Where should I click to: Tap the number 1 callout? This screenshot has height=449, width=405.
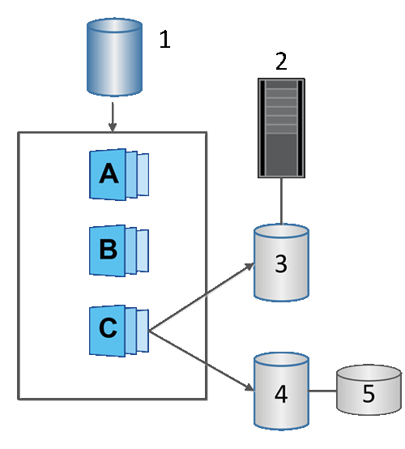164,40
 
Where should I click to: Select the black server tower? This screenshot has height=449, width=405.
281,127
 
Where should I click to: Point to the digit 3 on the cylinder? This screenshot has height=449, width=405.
280,266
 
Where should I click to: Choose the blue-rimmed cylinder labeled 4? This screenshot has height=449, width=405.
280,390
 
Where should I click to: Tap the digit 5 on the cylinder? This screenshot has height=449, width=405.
369,395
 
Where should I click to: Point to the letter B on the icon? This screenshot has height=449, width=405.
108,249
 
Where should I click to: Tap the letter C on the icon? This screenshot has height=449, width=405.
108,328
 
